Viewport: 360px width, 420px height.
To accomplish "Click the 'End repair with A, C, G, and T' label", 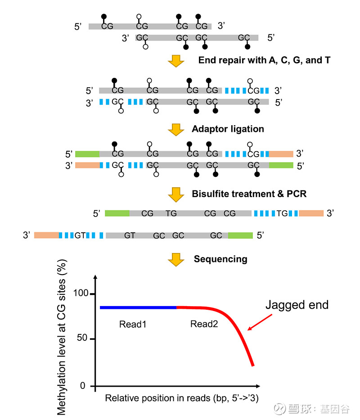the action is (x=264, y=60).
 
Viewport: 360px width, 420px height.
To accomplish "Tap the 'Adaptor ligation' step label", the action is (x=228, y=129).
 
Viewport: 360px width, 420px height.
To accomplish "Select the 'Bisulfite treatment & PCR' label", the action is (x=249, y=194).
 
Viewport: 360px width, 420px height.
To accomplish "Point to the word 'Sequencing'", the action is (x=220, y=259).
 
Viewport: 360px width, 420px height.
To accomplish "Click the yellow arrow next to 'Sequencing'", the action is (x=176, y=260).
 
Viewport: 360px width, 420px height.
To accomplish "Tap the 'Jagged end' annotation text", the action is (x=297, y=305).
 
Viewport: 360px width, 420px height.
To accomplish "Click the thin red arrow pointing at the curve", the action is (x=260, y=322).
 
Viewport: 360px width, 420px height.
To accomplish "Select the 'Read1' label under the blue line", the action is (x=133, y=325).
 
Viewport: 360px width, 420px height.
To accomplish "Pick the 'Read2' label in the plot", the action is (x=204, y=324).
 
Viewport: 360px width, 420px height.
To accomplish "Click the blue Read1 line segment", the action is (x=138, y=307).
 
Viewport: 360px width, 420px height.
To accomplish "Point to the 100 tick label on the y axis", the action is (x=81, y=293).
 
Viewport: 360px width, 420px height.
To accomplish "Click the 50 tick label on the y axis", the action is (x=82, y=338).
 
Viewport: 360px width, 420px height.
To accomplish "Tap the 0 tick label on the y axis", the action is (x=83, y=386).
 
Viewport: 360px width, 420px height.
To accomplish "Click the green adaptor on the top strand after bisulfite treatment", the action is (x=117, y=213).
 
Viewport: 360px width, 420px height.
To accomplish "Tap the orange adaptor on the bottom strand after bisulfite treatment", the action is (x=46, y=235).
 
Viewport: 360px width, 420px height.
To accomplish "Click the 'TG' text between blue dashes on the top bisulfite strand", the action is (x=282, y=213).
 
